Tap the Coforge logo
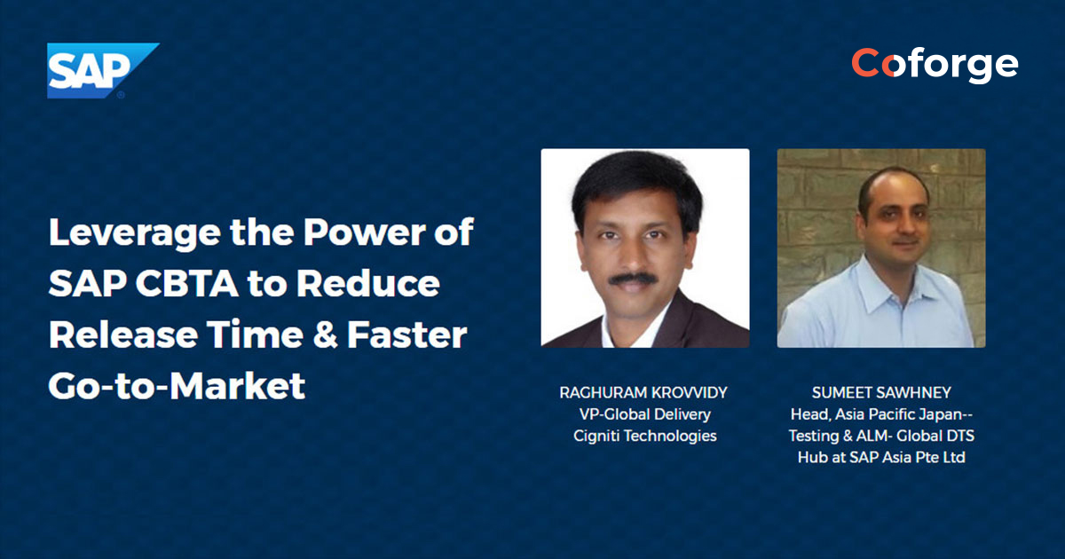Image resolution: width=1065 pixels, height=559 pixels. [935, 64]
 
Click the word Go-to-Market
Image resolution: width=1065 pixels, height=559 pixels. [177, 386]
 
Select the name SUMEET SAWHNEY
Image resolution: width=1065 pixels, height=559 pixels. [881, 391]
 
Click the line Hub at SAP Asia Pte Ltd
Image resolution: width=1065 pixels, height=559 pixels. [881, 458]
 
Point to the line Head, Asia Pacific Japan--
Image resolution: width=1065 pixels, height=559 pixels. [881, 413]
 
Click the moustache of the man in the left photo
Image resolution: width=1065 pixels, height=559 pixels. [633, 279]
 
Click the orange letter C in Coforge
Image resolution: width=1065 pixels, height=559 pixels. [867, 64]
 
